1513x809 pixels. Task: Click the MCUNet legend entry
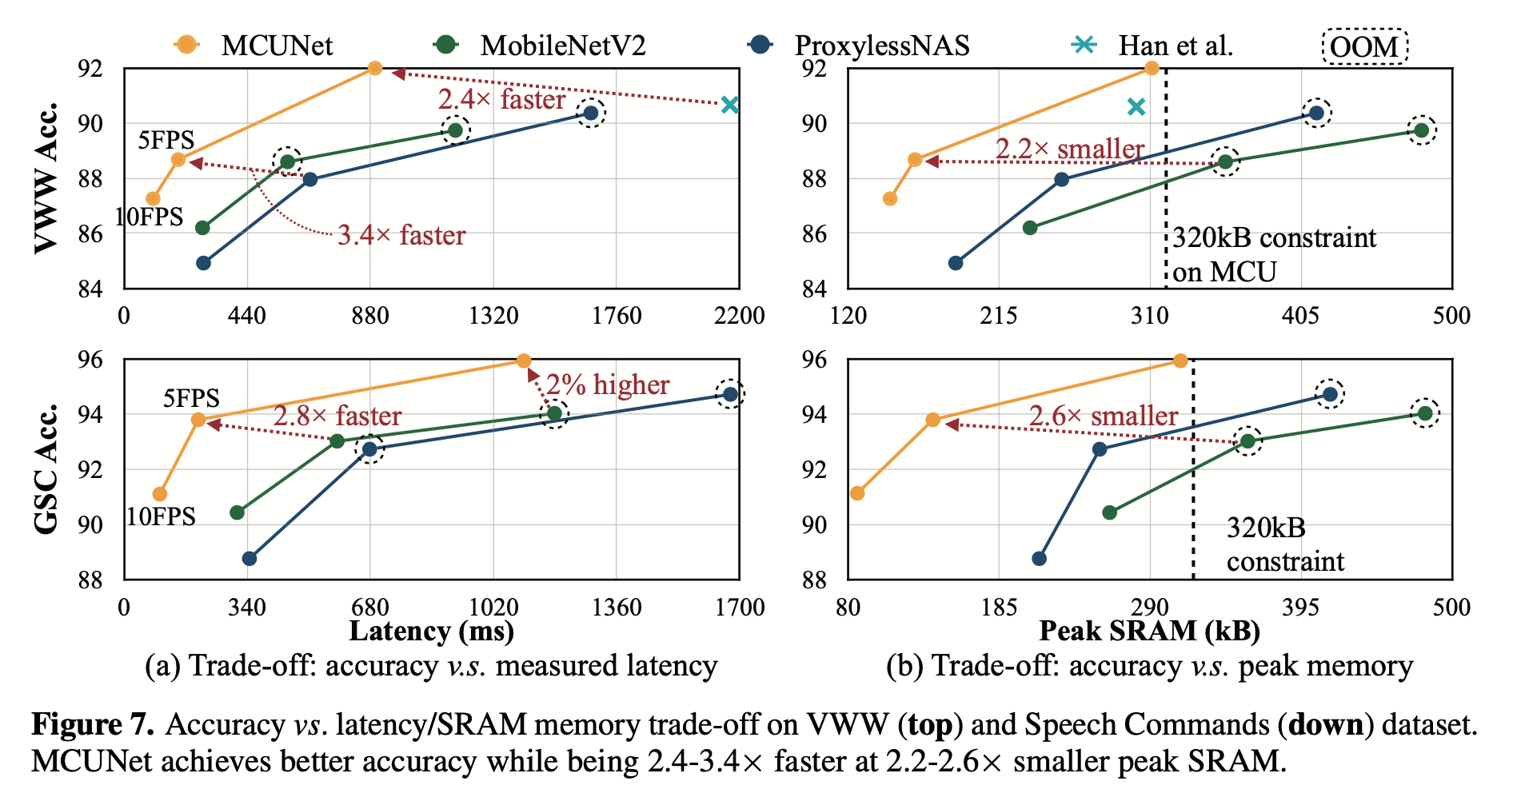click(x=276, y=46)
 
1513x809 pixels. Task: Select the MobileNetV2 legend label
click(x=562, y=46)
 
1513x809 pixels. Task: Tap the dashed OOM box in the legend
click(x=1364, y=46)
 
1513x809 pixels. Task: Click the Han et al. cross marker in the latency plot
click(x=729, y=105)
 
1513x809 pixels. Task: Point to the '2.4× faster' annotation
click(x=501, y=99)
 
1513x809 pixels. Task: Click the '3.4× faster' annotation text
click(x=401, y=235)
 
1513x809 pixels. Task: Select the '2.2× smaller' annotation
click(x=1069, y=149)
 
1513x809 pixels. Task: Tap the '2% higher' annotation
click(x=608, y=385)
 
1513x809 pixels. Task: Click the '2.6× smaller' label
click(x=1103, y=416)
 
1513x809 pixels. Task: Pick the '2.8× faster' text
click(x=337, y=416)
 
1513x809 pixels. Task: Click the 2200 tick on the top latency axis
click(x=739, y=316)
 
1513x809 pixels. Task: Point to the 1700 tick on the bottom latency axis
click(x=739, y=608)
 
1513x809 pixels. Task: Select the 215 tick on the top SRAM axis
click(x=999, y=316)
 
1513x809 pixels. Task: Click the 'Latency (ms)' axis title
click(x=431, y=632)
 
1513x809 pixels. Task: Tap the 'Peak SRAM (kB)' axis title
click(x=1149, y=632)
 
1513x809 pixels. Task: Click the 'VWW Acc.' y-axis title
click(x=46, y=177)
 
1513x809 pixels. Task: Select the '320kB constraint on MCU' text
click(x=1273, y=254)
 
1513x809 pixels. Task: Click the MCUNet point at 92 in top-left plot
click(x=374, y=68)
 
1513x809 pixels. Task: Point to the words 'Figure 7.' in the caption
click(x=92, y=724)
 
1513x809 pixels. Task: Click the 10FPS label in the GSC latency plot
click(x=161, y=516)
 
